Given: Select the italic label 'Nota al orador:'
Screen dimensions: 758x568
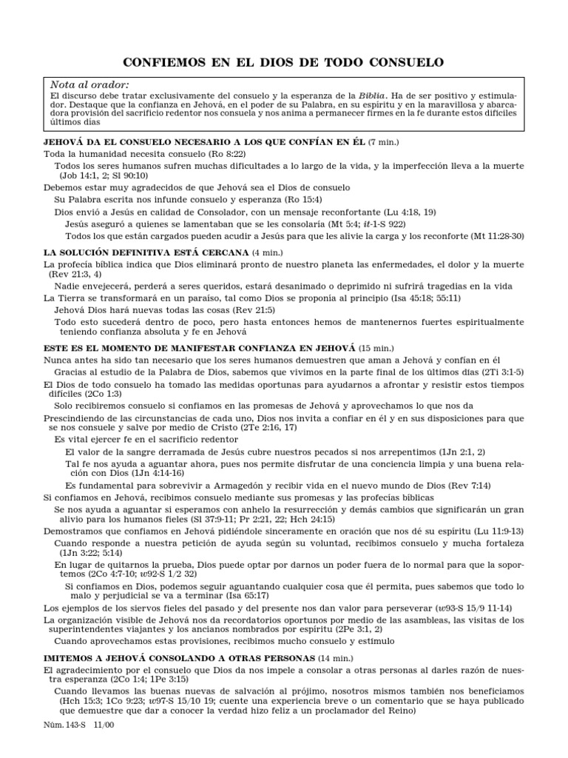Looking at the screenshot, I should (89, 85).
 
